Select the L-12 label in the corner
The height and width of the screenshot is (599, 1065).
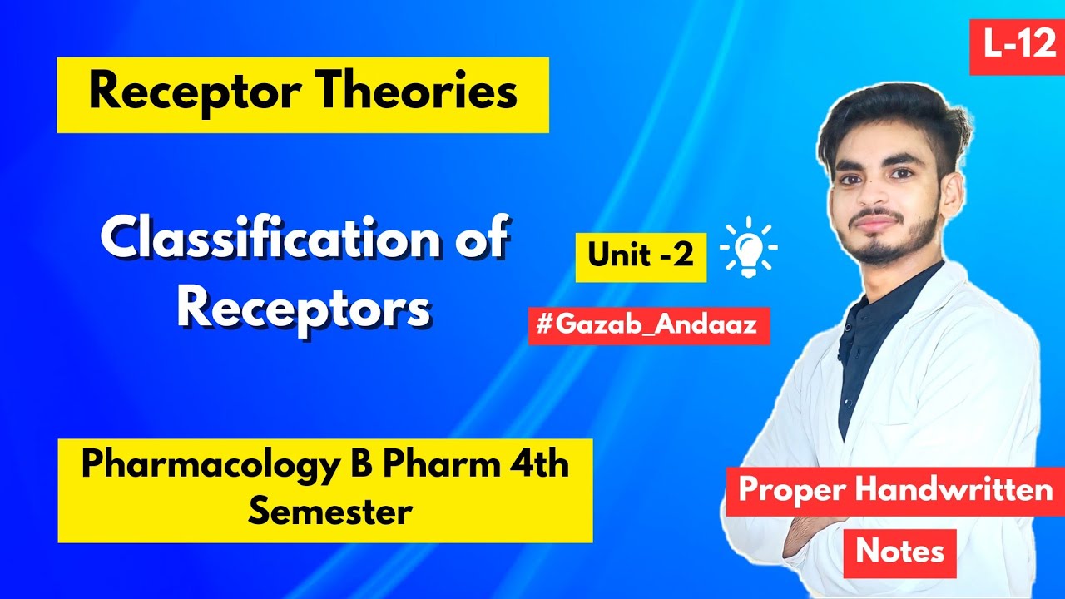(x=1018, y=44)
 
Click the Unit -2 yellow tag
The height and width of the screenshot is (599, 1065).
(x=640, y=255)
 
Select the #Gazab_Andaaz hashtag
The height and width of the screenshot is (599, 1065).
(x=647, y=324)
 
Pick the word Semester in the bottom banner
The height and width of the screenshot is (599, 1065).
(x=329, y=511)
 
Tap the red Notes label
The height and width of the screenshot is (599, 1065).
(x=899, y=551)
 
